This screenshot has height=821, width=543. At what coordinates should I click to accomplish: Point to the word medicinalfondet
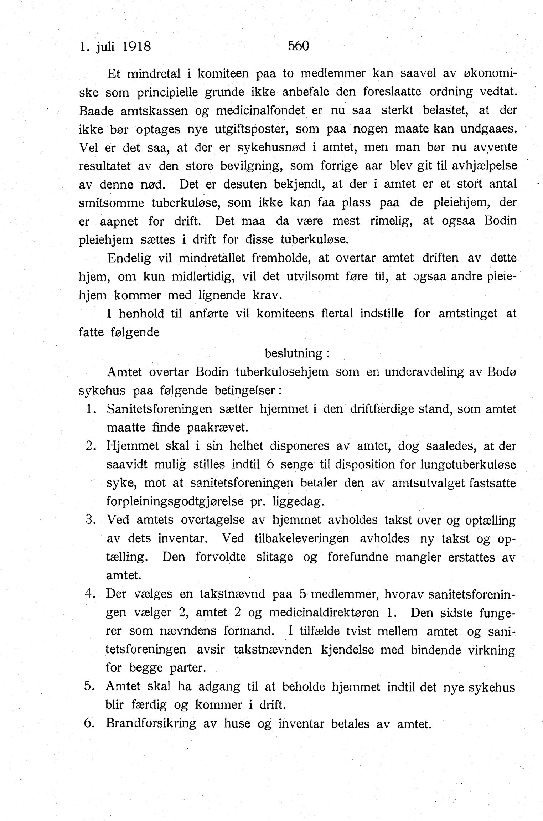[260, 110]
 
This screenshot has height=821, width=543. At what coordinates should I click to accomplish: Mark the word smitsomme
[112, 203]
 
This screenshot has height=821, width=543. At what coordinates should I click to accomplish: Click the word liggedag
[298, 502]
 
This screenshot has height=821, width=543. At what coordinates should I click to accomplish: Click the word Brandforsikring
[151, 724]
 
